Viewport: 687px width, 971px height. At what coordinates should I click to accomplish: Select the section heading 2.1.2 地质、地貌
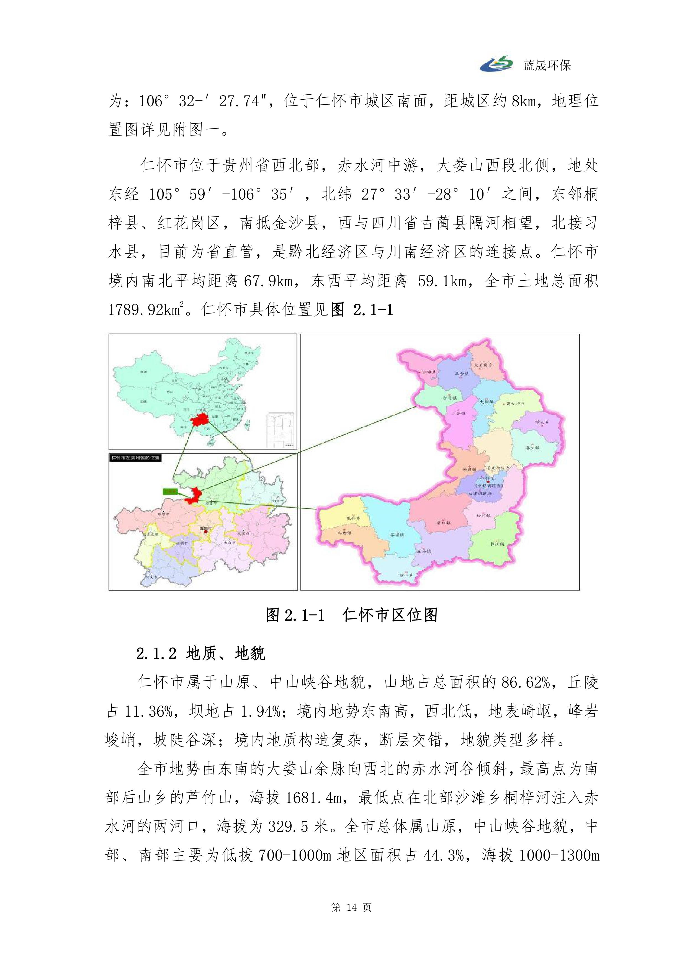(x=200, y=654)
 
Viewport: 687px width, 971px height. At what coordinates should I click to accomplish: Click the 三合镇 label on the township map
(x=462, y=374)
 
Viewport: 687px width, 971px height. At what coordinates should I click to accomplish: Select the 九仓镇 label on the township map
(x=344, y=533)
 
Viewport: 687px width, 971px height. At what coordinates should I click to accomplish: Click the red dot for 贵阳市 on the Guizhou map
(x=206, y=532)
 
